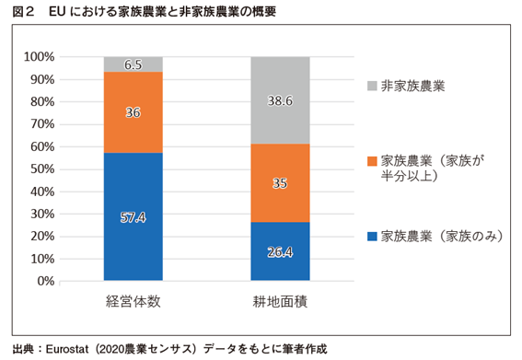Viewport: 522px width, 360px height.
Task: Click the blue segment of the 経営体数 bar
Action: (133, 239)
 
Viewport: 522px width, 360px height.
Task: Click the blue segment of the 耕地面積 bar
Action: (280, 262)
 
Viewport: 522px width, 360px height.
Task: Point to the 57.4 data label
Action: (133, 217)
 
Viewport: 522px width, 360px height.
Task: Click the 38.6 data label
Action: (280, 101)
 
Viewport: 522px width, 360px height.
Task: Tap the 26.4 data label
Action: (280, 251)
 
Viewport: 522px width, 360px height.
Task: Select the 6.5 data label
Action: (133, 64)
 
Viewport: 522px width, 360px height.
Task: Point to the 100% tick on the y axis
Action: (39, 57)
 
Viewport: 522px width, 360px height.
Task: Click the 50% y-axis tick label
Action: (42, 169)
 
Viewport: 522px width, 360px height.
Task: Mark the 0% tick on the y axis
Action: (46, 281)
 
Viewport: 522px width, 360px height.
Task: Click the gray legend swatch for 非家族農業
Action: (372, 86)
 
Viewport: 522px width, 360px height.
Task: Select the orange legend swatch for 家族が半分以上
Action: (372, 161)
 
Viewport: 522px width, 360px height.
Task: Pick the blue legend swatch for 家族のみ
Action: (372, 237)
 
